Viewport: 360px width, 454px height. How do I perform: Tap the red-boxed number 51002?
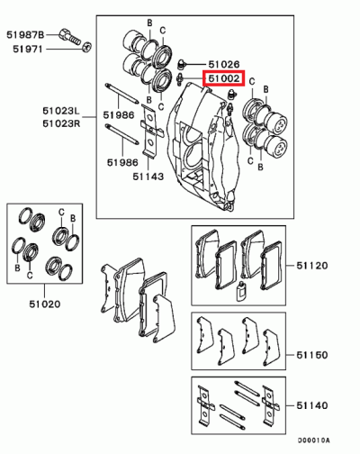[223, 80]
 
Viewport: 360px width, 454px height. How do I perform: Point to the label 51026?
[223, 65]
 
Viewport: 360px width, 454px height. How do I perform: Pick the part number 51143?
[148, 177]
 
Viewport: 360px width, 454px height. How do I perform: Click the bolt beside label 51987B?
[72, 37]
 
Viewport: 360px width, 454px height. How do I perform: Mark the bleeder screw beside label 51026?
[183, 64]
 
